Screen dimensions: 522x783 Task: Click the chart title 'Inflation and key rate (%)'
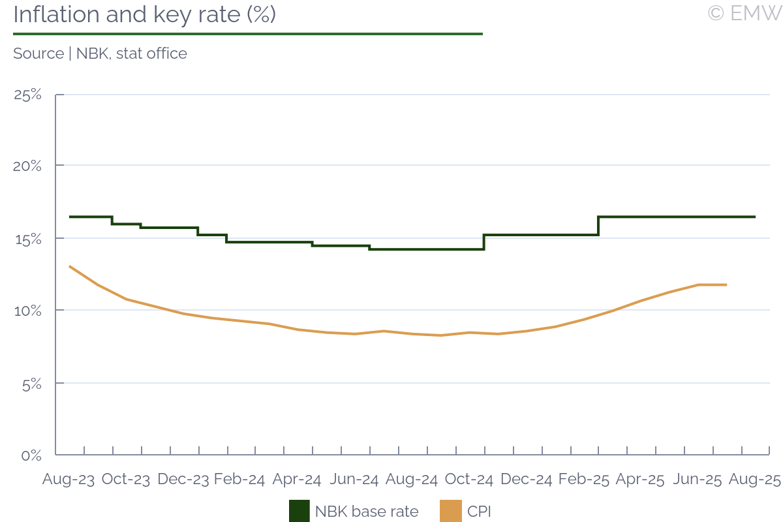[x=144, y=14]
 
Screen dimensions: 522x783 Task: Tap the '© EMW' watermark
[x=744, y=13]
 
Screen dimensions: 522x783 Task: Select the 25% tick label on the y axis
[x=28, y=95]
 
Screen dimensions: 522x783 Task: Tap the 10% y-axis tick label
[x=28, y=311]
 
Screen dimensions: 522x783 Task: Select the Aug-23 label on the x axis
[x=68, y=480]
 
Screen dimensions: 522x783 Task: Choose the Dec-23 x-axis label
[x=183, y=480]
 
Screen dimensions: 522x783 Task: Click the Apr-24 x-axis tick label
[x=297, y=480]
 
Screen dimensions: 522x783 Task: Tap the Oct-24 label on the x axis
[x=468, y=480]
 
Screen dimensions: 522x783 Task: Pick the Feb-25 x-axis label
[x=583, y=480]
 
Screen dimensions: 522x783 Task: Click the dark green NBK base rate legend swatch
[x=299, y=511]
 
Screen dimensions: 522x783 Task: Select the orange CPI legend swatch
[x=452, y=511]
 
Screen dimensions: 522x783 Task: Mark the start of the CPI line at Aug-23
[x=70, y=266]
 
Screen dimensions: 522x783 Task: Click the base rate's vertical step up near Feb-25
[x=598, y=226]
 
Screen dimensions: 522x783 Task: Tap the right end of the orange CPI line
[x=726, y=284]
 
